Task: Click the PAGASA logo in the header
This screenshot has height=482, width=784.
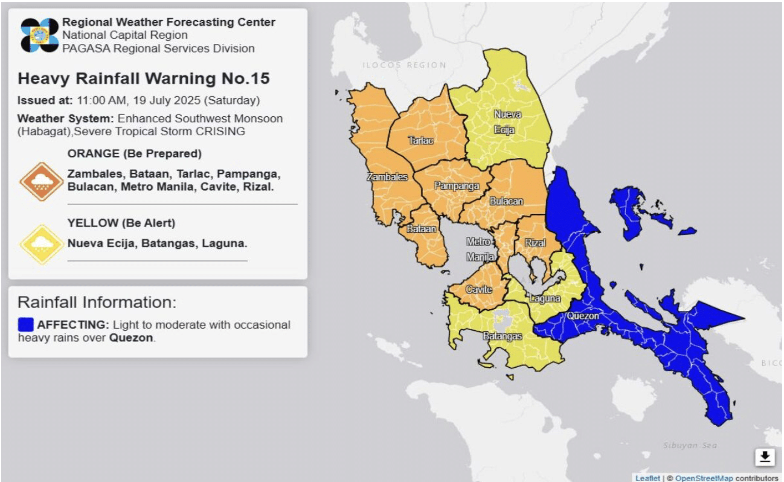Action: coord(39,35)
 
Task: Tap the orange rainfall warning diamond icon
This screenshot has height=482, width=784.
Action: coord(41,181)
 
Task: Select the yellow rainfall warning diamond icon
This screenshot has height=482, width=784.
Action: coord(41,244)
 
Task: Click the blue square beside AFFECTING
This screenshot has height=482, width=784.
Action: coord(26,325)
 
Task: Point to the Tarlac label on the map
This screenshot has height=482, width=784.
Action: coord(421,140)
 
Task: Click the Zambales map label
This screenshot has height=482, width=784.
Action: coord(387,177)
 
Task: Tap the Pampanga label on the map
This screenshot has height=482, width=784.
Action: coord(456,186)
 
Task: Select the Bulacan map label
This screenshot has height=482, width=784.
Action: coord(506,201)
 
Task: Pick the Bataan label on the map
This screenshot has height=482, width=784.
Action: coord(421,229)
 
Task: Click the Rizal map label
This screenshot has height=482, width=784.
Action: coord(535,243)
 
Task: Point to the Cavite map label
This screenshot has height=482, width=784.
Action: coord(479,289)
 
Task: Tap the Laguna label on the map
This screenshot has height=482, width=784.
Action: coord(545,298)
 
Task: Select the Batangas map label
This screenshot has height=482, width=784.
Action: coord(502,336)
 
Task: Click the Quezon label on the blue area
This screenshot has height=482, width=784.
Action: coord(583,316)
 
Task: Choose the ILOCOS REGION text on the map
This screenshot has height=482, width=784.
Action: coord(404,65)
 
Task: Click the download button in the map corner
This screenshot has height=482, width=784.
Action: coord(765,457)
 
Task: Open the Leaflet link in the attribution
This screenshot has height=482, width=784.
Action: coord(647,478)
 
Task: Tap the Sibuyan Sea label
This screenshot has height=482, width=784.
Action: coord(690,445)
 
